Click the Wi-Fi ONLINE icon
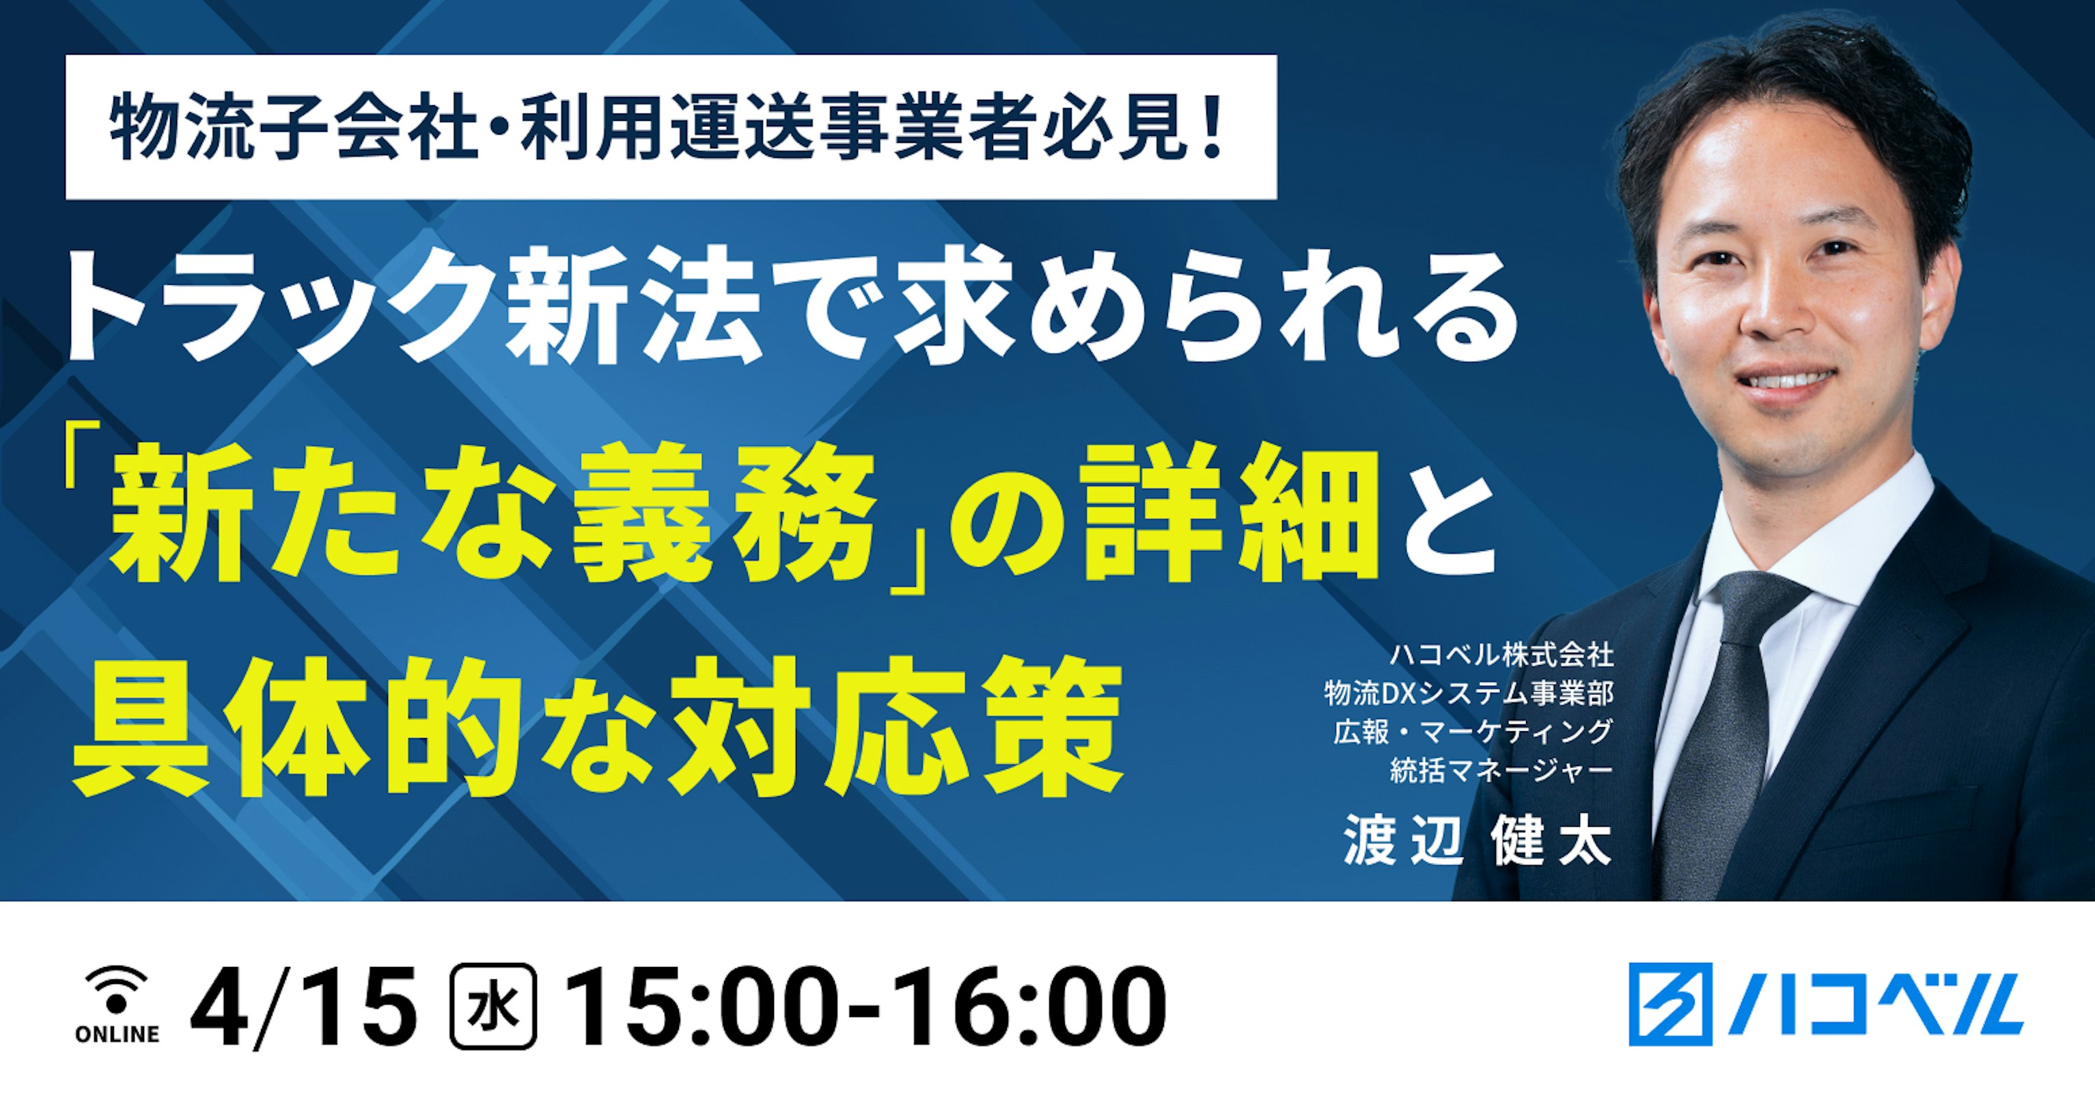116,1005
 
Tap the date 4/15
303,1006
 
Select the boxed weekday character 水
493,1006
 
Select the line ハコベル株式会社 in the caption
1501,655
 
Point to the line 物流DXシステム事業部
1469,693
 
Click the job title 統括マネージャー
1501,770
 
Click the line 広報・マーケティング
1472,731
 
